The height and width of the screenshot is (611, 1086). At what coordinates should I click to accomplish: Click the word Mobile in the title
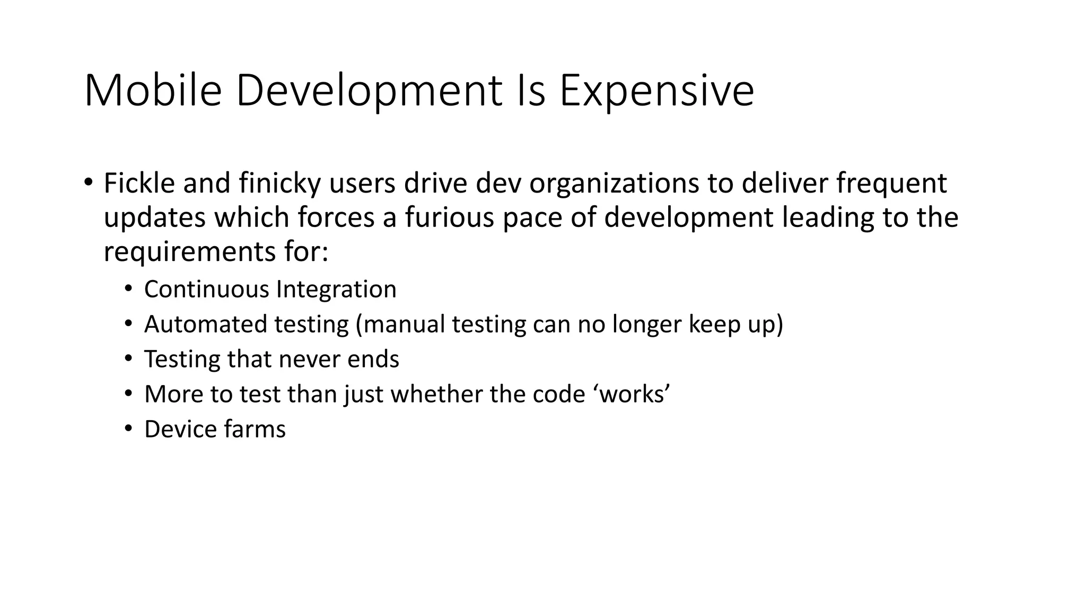(x=153, y=91)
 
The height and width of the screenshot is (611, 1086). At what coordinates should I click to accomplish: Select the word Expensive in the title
(x=656, y=92)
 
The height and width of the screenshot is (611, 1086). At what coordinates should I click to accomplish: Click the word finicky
(x=279, y=184)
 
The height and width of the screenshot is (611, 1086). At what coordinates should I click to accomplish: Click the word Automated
(x=205, y=324)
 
